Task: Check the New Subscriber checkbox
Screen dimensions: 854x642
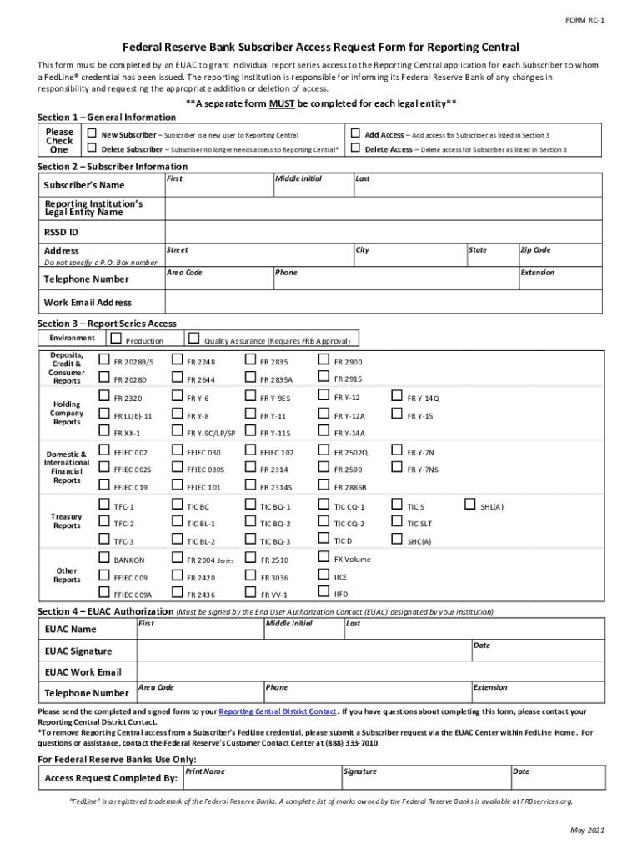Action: (x=93, y=133)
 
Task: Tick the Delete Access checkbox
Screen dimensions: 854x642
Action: (x=355, y=148)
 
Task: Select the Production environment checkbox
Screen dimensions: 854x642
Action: (x=116, y=339)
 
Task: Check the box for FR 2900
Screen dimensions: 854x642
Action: (x=324, y=360)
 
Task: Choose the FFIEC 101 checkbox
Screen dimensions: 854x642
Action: (x=177, y=486)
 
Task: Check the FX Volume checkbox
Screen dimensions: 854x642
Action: (x=324, y=558)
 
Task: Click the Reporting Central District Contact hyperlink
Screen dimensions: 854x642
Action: (x=277, y=711)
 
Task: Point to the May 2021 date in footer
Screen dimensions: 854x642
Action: (x=587, y=831)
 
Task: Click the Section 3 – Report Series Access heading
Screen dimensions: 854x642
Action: (x=107, y=324)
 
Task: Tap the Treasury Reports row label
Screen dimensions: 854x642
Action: (x=67, y=521)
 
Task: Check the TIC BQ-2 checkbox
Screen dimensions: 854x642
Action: (x=250, y=523)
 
